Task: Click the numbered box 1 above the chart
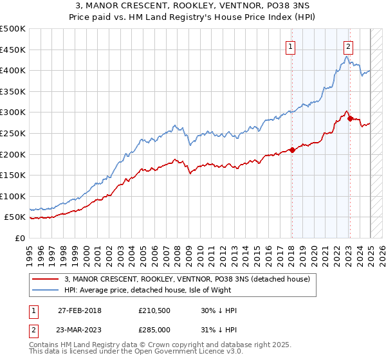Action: click(291, 46)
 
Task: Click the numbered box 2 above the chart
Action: click(348, 46)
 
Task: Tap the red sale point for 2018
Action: click(292, 150)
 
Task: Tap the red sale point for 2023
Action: click(349, 118)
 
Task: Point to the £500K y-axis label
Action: click(14, 29)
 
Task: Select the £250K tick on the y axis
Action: click(14, 133)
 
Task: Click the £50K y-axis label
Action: click(16, 217)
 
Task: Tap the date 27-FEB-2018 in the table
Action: click(80, 310)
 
